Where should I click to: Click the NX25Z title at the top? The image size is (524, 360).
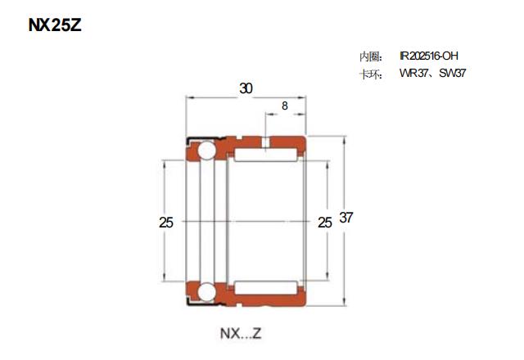click(x=55, y=25)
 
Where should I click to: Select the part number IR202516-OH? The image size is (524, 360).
click(x=429, y=56)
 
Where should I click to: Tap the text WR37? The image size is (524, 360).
click(x=413, y=73)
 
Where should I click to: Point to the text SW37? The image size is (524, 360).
click(x=453, y=73)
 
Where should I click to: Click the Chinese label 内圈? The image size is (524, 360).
click(x=369, y=56)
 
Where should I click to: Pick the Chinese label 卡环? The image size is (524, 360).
click(x=369, y=74)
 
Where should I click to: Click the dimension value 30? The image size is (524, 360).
click(x=246, y=88)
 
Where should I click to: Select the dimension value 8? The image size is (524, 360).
click(x=285, y=106)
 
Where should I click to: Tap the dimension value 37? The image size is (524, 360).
click(x=346, y=218)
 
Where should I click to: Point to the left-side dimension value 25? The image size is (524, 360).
click(x=166, y=223)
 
